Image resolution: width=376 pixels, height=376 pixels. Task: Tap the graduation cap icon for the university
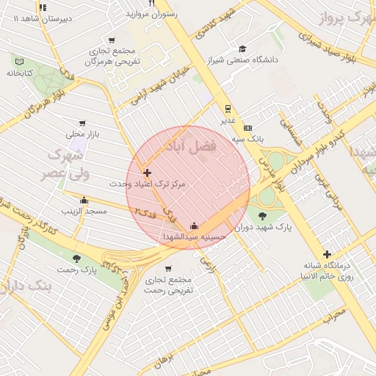pos(242,48)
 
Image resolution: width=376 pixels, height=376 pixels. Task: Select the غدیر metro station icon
pos(228,107)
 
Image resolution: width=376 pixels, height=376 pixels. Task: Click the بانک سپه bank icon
pos(247,127)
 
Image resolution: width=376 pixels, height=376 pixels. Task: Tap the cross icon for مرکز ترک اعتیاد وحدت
pos(147,173)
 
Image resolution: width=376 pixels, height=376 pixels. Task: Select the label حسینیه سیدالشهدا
pos(193,236)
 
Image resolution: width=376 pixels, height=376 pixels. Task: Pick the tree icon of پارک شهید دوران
pos(263,216)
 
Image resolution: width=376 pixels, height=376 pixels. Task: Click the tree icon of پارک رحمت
pos(77,258)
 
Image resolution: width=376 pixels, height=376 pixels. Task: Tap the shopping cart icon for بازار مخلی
pos(82,123)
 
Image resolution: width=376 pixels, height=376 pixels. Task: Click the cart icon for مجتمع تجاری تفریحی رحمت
pos(169,268)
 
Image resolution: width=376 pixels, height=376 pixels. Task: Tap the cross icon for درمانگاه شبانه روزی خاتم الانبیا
pos(327,254)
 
